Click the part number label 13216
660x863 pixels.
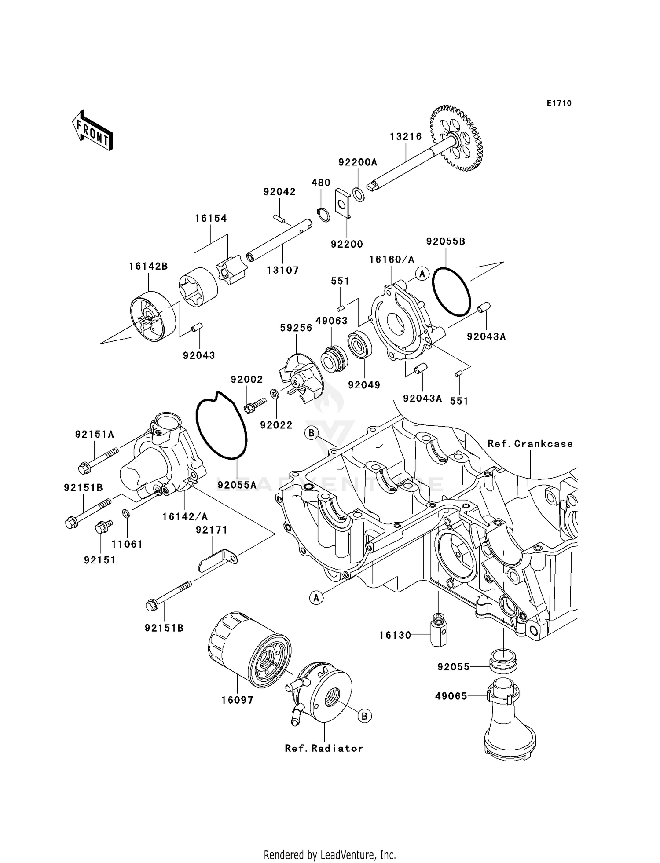tap(406, 137)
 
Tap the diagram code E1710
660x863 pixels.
tap(559, 103)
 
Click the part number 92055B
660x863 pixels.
tap(446, 241)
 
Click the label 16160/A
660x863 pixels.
tap(392, 260)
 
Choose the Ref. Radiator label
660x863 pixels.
tap(324, 748)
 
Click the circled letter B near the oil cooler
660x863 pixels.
tap(364, 716)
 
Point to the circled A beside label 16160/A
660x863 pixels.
tap(422, 274)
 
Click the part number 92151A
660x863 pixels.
tap(95, 434)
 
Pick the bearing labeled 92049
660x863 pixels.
tap(360, 346)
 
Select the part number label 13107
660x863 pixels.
tap(282, 270)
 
